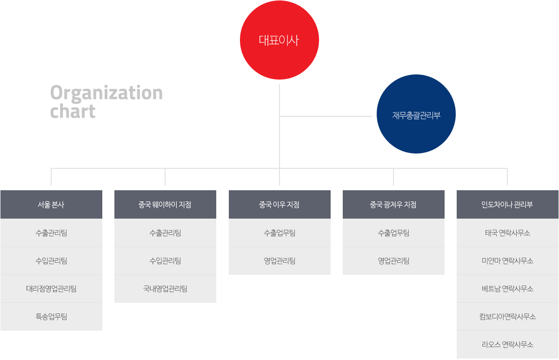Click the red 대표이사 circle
(x=279, y=40)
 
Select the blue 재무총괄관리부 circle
(x=416, y=114)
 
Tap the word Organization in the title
(x=106, y=93)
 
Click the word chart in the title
(x=73, y=111)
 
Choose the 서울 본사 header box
(x=52, y=205)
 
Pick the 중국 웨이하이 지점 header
(x=165, y=205)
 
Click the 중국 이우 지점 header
(x=279, y=205)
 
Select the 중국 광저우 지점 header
(x=393, y=205)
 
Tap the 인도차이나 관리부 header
(x=507, y=205)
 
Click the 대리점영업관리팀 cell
(x=52, y=288)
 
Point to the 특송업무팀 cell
(x=52, y=317)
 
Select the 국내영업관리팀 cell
(x=165, y=288)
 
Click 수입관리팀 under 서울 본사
(x=52, y=260)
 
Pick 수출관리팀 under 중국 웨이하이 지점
(x=165, y=233)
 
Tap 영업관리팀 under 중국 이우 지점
(x=279, y=260)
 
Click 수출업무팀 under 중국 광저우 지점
(x=393, y=233)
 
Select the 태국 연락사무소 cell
(x=507, y=233)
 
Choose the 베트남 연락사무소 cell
(x=507, y=288)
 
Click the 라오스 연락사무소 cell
(x=507, y=345)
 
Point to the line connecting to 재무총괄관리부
(x=326, y=116)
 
